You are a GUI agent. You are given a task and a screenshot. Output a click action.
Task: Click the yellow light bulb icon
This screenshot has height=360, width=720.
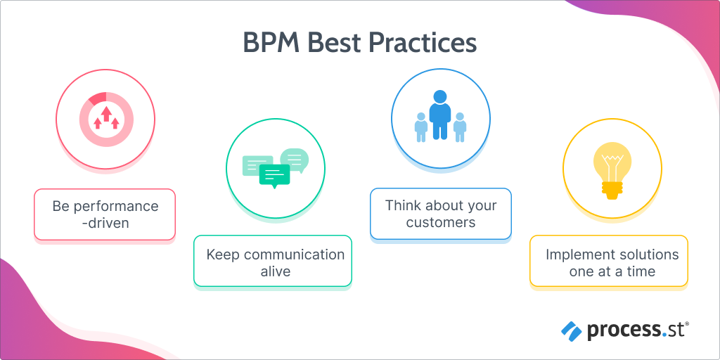(612, 167)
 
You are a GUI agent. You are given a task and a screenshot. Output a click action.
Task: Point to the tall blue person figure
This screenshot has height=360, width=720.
(440, 115)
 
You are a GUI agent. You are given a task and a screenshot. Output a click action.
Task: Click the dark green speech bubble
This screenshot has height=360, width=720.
(274, 175)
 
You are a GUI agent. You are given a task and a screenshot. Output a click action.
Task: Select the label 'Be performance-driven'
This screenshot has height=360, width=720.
(105, 214)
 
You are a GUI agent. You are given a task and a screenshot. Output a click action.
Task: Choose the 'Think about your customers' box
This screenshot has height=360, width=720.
(441, 214)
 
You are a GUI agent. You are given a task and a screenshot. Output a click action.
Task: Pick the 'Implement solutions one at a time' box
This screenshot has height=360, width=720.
(609, 262)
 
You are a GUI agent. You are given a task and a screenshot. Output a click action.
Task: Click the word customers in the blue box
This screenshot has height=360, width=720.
(441, 223)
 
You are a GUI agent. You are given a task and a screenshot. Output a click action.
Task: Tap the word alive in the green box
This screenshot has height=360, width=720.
(275, 271)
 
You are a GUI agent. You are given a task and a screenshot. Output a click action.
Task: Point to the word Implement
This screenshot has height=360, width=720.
(577, 254)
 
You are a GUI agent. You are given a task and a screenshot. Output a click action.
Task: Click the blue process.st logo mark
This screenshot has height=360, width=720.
(570, 329)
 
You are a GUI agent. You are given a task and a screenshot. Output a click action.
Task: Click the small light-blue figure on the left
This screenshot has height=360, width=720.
(421, 127)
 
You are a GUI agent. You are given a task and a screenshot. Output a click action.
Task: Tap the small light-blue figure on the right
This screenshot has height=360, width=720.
(460, 127)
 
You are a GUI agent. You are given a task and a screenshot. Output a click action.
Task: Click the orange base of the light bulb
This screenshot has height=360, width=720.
(612, 188)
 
